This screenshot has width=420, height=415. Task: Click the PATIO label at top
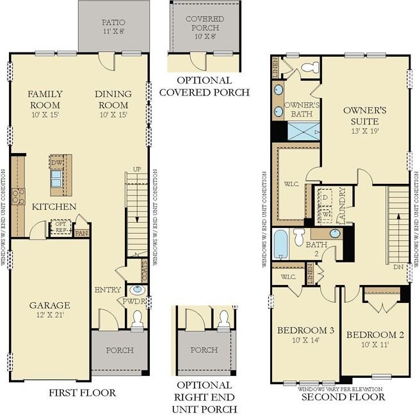tap(113, 24)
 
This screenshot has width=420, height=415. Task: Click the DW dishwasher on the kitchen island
tap(56, 163)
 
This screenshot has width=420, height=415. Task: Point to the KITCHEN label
tap(54, 206)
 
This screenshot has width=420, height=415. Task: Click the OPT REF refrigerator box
tap(61, 227)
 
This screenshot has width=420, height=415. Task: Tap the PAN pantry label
tap(82, 233)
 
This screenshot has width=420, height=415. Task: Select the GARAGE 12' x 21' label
tap(49, 310)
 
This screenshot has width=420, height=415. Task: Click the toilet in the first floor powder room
tap(138, 320)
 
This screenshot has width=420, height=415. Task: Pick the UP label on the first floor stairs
tap(136, 169)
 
